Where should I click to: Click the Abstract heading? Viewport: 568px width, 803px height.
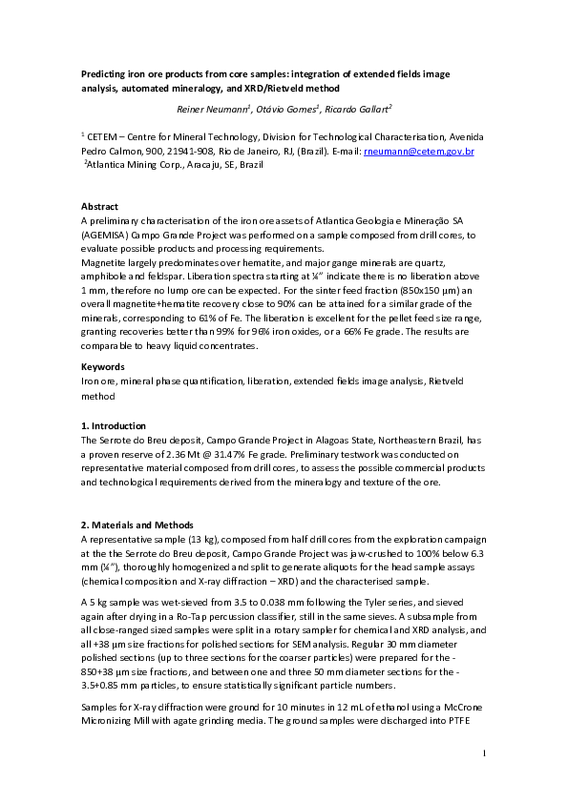click(100, 207)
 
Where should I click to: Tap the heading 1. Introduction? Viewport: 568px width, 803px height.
click(114, 425)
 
